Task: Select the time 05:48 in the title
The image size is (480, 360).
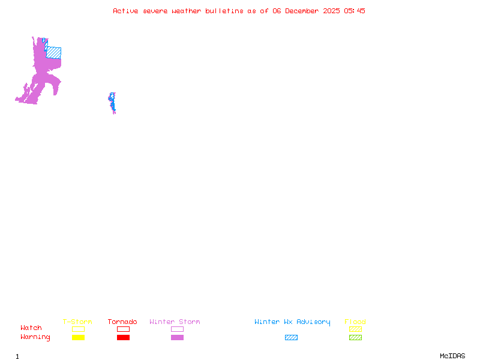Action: click(354, 11)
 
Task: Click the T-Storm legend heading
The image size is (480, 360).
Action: click(77, 322)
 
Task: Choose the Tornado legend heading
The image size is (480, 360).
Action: click(122, 322)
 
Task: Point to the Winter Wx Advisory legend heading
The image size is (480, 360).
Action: click(292, 322)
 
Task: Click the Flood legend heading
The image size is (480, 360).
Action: click(355, 322)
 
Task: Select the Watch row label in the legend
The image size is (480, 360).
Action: click(31, 328)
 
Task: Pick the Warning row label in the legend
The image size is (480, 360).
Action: click(35, 337)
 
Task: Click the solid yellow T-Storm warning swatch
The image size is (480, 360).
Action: click(78, 338)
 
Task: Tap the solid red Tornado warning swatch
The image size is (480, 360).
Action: click(123, 338)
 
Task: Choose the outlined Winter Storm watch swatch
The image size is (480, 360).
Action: click(177, 329)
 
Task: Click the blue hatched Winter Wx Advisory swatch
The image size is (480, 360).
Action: click(291, 338)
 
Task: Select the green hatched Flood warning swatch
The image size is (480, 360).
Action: click(355, 338)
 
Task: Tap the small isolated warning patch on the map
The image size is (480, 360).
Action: click(112, 103)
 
